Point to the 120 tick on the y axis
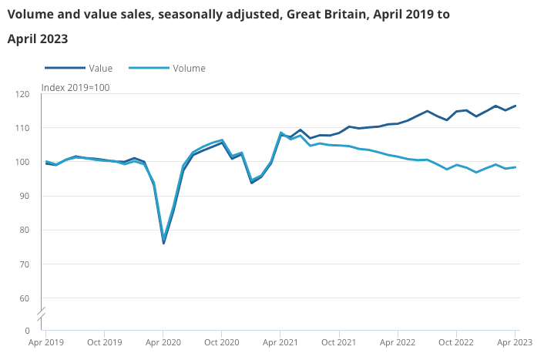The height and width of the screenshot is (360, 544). tap(23, 94)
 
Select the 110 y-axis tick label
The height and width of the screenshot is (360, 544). tap(23, 128)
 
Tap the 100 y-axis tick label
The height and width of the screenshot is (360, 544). tap(23, 162)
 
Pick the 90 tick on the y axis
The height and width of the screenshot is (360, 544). tap(25, 196)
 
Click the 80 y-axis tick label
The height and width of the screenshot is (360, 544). tap(25, 230)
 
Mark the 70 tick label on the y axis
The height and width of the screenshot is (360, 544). tap(25, 264)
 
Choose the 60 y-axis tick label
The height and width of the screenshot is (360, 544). tap(25, 298)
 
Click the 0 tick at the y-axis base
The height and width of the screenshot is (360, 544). tap(28, 331)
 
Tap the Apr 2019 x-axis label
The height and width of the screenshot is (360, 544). tap(45, 342)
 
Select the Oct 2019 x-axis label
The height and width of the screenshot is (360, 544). tap(104, 342)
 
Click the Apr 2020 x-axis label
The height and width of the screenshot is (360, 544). tap(163, 342)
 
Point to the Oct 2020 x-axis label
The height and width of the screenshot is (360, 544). tap(222, 342)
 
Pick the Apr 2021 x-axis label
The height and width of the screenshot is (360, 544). tap(280, 342)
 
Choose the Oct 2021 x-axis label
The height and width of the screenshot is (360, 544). tap(339, 342)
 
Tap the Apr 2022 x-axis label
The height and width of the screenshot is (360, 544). tap(398, 342)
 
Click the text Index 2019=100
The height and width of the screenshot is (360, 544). tap(76, 87)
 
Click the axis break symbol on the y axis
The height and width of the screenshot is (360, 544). tap(42, 314)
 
